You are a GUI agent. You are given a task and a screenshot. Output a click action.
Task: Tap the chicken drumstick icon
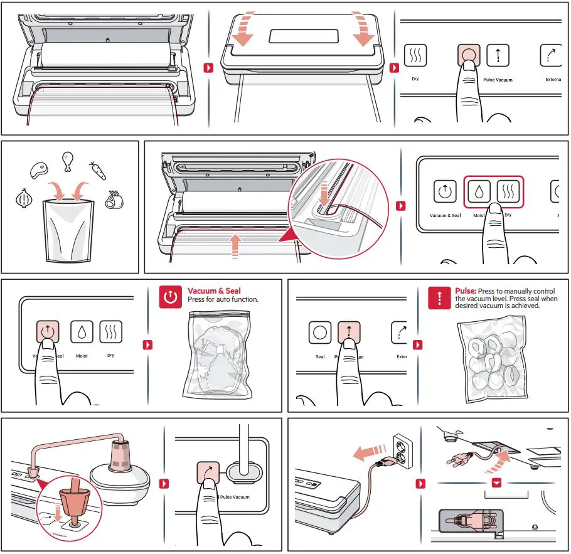[x=67, y=161]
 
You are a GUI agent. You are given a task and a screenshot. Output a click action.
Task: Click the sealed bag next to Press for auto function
[x=216, y=354]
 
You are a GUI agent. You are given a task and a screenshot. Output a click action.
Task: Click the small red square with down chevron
[x=498, y=483]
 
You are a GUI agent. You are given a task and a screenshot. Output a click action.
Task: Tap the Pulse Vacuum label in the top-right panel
[x=498, y=80]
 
